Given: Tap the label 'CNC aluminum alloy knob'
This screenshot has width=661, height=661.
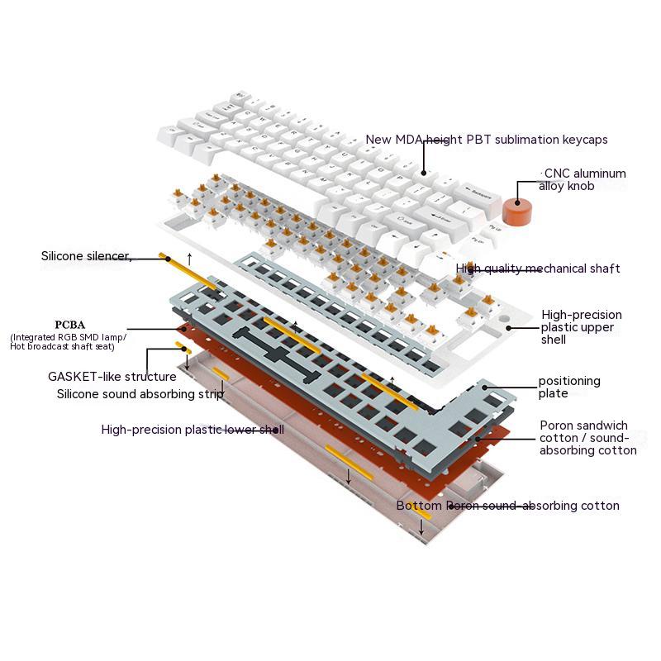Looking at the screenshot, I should pyautogui.click(x=583, y=179).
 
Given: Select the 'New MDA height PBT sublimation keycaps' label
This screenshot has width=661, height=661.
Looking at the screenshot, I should pyautogui.click(x=487, y=140).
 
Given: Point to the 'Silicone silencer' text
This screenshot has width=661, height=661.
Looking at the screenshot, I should pyautogui.click(x=86, y=256).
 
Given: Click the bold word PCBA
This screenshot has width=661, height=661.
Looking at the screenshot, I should pyautogui.click(x=70, y=325).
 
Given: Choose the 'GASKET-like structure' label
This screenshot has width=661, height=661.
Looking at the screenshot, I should pyautogui.click(x=112, y=377).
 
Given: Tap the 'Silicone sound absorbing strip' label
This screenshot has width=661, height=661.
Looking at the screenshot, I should pyautogui.click(x=140, y=393).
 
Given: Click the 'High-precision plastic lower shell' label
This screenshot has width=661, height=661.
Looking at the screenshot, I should pyautogui.click(x=193, y=430).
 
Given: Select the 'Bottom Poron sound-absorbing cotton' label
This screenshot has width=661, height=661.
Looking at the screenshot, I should pyautogui.click(x=507, y=506).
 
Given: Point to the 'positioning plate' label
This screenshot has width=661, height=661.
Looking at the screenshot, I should pyautogui.click(x=569, y=387).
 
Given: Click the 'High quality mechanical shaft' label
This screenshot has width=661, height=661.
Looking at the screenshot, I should pyautogui.click(x=538, y=269).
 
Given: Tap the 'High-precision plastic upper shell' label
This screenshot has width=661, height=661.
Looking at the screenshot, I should pyautogui.click(x=582, y=326).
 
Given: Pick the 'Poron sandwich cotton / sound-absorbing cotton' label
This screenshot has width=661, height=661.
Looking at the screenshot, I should pyautogui.click(x=587, y=438).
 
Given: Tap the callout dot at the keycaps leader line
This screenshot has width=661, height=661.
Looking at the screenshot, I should pyautogui.click(x=424, y=173).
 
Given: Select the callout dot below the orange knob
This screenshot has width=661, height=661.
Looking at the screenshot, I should pyautogui.click(x=517, y=202).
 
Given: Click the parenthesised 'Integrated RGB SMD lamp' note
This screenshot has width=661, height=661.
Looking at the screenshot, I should pyautogui.click(x=68, y=341).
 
